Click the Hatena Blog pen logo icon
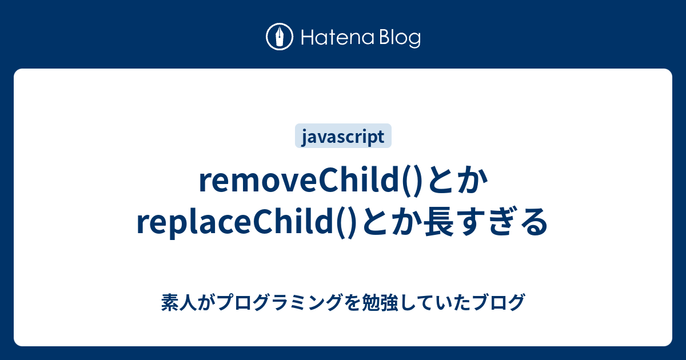tap(280, 37)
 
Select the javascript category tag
tap(343, 136)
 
